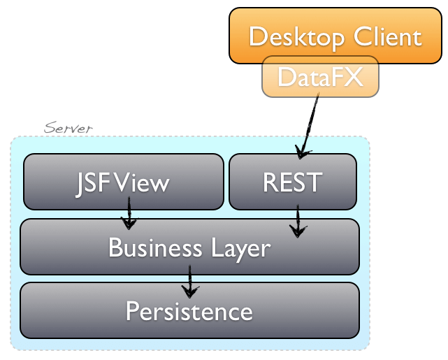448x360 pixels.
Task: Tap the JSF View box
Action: (x=122, y=182)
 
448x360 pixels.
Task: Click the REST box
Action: (x=292, y=182)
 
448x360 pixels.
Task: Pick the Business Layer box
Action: (x=189, y=247)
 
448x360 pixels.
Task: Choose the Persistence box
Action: (x=189, y=310)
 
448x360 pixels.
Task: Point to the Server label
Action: (x=68, y=129)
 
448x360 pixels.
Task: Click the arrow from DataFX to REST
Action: (x=308, y=126)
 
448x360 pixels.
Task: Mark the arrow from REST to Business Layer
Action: (x=298, y=221)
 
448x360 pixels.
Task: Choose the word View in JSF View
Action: (x=143, y=182)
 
